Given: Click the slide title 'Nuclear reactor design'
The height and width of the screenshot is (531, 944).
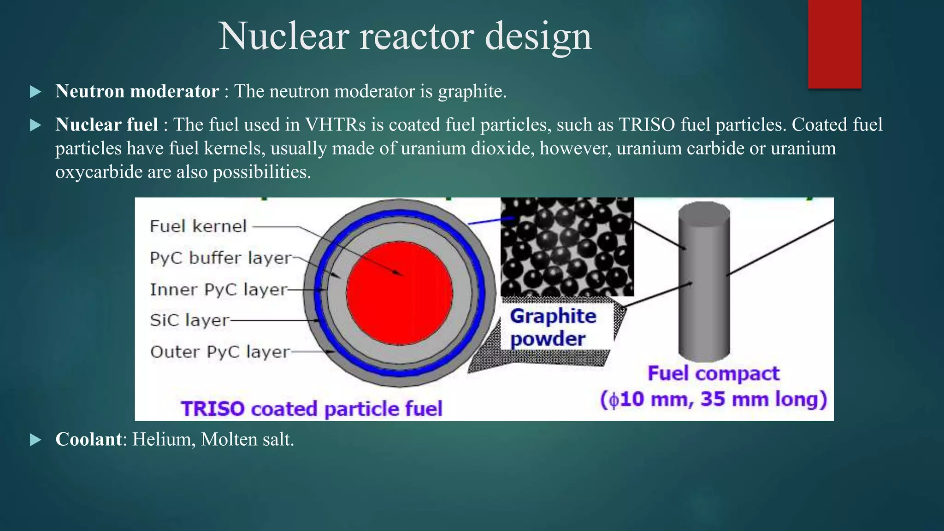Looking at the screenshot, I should coord(405,37).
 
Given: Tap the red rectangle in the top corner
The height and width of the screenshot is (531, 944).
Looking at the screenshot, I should coord(834,44).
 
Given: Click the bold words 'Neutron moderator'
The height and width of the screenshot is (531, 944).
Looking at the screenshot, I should coord(137,91).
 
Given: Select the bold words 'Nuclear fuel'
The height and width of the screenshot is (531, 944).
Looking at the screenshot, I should coord(106,124).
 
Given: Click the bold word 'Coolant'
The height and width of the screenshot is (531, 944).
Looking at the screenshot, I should coord(88,439).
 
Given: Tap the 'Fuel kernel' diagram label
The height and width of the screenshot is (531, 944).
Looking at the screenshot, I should coord(198,226).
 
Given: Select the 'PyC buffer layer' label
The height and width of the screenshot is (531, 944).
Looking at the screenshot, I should coord(221,258).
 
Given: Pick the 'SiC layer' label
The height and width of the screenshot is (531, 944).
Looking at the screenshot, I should coord(189,320).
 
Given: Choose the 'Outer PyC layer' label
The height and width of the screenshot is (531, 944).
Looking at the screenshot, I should coord(219,352).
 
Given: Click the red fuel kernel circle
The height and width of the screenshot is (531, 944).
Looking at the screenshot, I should coord(399,293).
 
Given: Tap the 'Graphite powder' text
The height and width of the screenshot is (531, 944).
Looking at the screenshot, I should coord(552,327).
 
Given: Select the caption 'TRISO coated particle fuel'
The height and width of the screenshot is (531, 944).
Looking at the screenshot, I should coord(312,409).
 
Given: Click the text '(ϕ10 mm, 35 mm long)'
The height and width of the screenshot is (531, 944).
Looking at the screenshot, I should coord(713,399).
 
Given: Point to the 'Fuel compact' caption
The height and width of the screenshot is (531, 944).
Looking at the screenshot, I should coord(713,373).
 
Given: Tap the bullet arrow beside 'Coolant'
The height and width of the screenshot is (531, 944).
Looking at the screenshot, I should coord(35,440).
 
